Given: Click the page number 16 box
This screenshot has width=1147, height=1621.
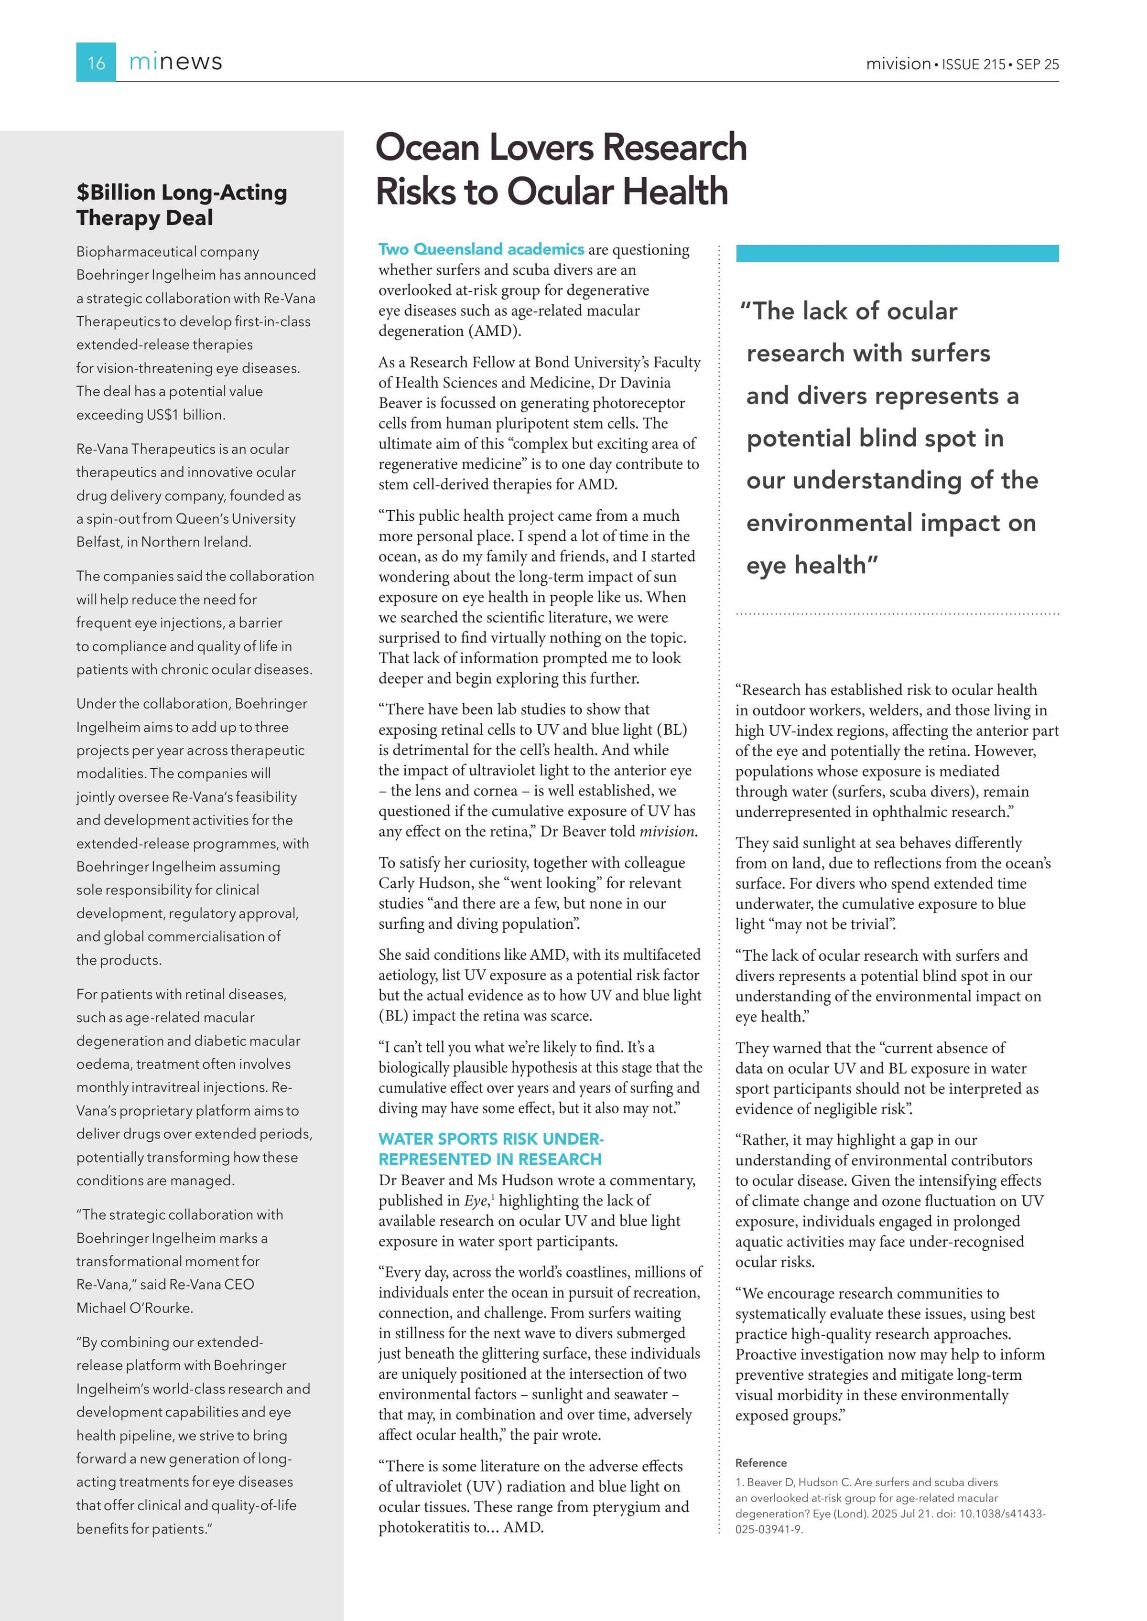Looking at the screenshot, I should click(x=96, y=62).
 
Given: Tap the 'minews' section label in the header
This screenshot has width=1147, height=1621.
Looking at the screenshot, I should click(x=175, y=62).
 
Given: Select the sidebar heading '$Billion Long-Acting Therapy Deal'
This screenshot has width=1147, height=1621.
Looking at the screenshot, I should click(x=182, y=205).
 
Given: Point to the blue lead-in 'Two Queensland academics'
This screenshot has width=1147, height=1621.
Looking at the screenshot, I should click(x=481, y=249).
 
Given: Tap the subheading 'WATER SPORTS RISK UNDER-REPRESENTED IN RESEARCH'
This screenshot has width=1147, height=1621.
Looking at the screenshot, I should click(x=491, y=1149).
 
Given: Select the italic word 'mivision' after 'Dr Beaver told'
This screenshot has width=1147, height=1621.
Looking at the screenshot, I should click(x=668, y=832).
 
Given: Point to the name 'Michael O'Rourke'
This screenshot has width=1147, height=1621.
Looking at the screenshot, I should click(x=134, y=1308).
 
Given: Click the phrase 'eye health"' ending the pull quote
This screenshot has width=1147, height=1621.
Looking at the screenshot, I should click(x=812, y=566).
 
